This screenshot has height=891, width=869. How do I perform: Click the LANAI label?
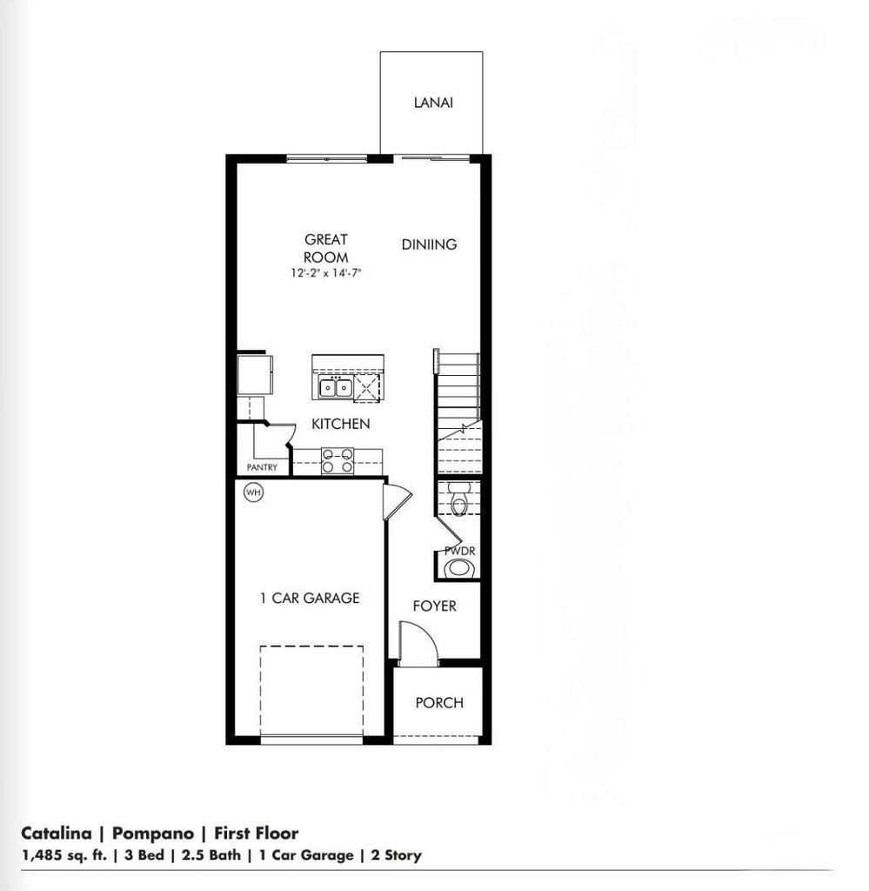432,103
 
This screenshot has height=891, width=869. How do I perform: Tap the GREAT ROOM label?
326,248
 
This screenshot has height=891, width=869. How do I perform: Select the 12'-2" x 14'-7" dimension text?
326,273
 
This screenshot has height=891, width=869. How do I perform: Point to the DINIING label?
429,245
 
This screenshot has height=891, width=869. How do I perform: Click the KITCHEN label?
341,424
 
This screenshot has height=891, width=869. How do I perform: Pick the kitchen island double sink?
334,388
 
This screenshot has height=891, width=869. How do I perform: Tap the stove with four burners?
338,460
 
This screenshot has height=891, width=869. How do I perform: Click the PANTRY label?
262,467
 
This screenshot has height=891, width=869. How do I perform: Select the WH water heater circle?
253,492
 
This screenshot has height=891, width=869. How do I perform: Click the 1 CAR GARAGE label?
310,598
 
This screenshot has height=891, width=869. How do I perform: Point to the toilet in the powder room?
460,499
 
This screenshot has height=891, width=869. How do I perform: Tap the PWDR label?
459,552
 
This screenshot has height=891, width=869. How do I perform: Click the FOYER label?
434,606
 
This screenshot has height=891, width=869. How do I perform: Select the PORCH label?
439,702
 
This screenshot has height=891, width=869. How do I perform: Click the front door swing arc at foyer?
418,643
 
